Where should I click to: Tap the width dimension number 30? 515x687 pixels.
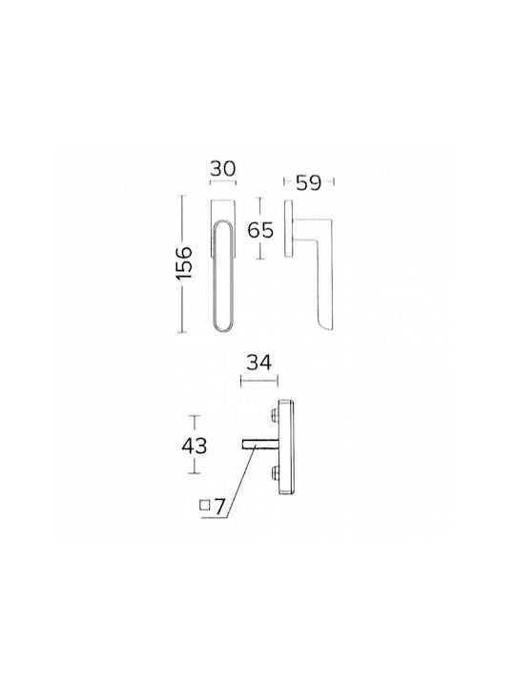(223, 169)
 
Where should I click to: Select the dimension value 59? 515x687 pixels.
(309, 182)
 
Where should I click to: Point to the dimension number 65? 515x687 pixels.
(260, 230)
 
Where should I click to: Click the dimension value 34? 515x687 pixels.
(259, 363)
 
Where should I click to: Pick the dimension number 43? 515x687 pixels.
(195, 446)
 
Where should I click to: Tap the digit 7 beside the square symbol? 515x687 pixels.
(219, 507)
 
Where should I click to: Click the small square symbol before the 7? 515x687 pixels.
(204, 505)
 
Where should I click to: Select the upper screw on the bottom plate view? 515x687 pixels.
(275, 415)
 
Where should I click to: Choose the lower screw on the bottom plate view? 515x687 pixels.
(275, 472)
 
